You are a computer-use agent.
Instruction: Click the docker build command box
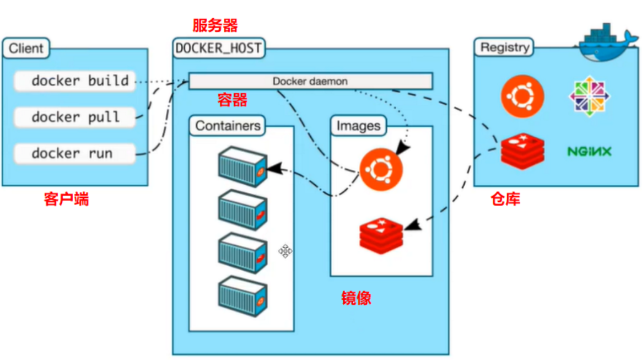pos(74,81)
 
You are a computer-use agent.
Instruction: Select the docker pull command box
pos(74,117)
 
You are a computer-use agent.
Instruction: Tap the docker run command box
pos(74,153)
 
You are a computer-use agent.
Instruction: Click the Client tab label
pos(26,49)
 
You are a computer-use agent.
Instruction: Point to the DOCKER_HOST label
pos(218,49)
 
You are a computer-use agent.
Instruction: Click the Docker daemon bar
pos(310,81)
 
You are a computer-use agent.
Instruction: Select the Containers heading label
pos(228,126)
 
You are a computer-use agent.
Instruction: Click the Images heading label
pos(358,126)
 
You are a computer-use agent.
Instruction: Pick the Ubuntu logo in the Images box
pos(381,169)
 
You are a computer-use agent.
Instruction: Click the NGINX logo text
pos(589,151)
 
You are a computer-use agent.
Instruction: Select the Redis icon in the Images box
pos(381,235)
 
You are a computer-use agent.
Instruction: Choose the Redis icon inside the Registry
pos(522,149)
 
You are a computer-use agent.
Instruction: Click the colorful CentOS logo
pos(589,96)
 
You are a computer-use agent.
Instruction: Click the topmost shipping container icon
pos(243,166)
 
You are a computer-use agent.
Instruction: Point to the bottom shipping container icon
pos(243,296)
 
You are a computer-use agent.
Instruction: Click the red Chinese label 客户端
pos(66,199)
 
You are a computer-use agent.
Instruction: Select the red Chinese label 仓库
pos(505,199)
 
